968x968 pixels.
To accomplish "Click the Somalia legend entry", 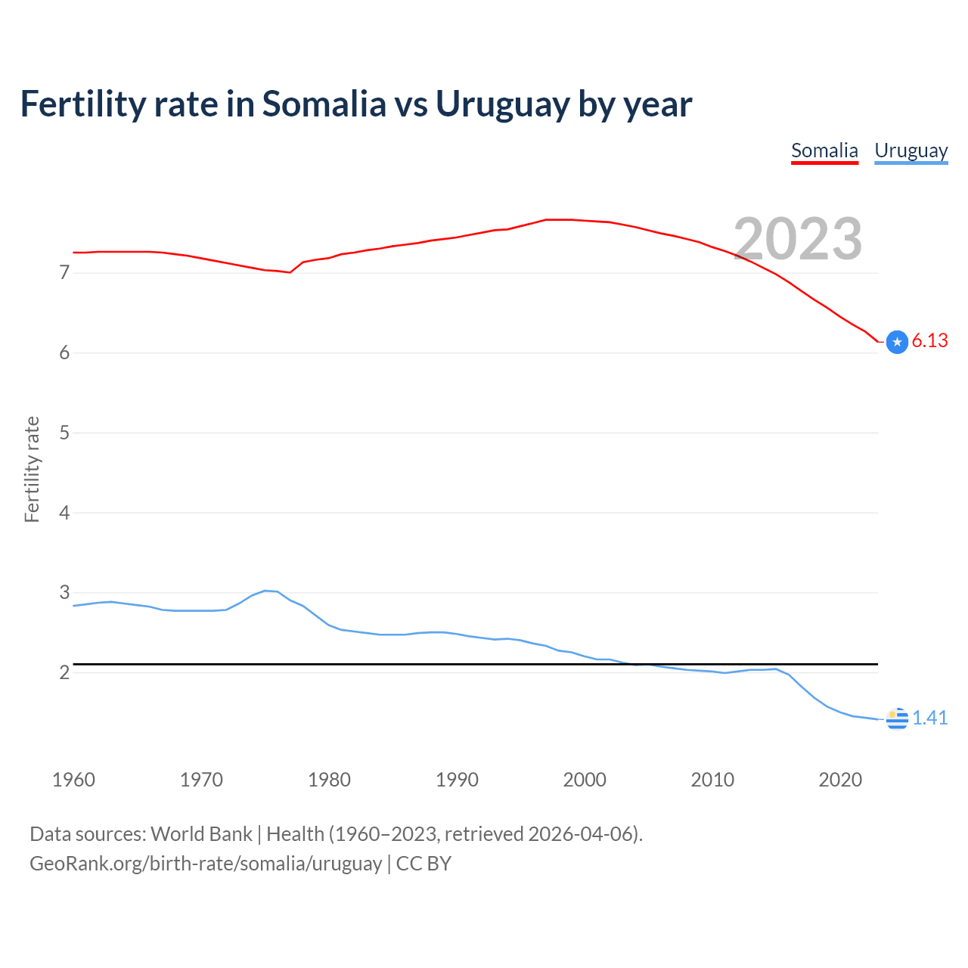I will click(824, 151).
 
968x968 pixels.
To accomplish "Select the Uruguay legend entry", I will click(911, 151).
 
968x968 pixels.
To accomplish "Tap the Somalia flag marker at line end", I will click(897, 343).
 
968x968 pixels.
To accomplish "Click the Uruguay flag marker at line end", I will click(897, 718).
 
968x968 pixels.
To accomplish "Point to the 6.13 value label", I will click(929, 341).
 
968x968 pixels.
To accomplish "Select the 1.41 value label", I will click(929, 718).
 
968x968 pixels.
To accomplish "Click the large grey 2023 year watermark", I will click(798, 239).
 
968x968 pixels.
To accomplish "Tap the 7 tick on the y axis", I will click(64, 272).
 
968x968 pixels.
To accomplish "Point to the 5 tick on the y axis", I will click(64, 433).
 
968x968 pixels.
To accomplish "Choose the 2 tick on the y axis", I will click(64, 672).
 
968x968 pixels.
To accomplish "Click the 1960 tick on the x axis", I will click(73, 780).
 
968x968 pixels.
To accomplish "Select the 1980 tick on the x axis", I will click(329, 780).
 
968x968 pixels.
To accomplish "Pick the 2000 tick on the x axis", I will click(585, 780).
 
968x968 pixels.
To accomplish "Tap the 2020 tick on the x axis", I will click(840, 780).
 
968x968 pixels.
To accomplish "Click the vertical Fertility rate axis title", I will click(32, 469).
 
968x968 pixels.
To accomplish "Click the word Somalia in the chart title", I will click(324, 104).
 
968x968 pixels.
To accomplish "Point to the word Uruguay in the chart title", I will click(502, 104).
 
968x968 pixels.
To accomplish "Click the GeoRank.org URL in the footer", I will click(206, 864).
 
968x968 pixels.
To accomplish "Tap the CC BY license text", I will click(423, 864).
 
